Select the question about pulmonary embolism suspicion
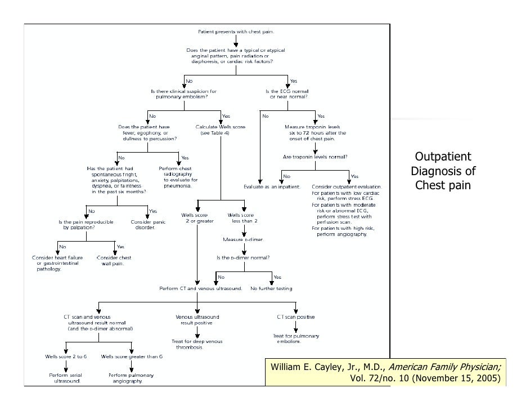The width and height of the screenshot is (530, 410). [x=179, y=93]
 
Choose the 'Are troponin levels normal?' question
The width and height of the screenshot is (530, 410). [x=315, y=157]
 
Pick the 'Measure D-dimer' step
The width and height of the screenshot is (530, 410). [x=242, y=240]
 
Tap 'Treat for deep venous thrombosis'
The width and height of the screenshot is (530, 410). [x=197, y=344]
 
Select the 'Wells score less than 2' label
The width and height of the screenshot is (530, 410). [x=241, y=218]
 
